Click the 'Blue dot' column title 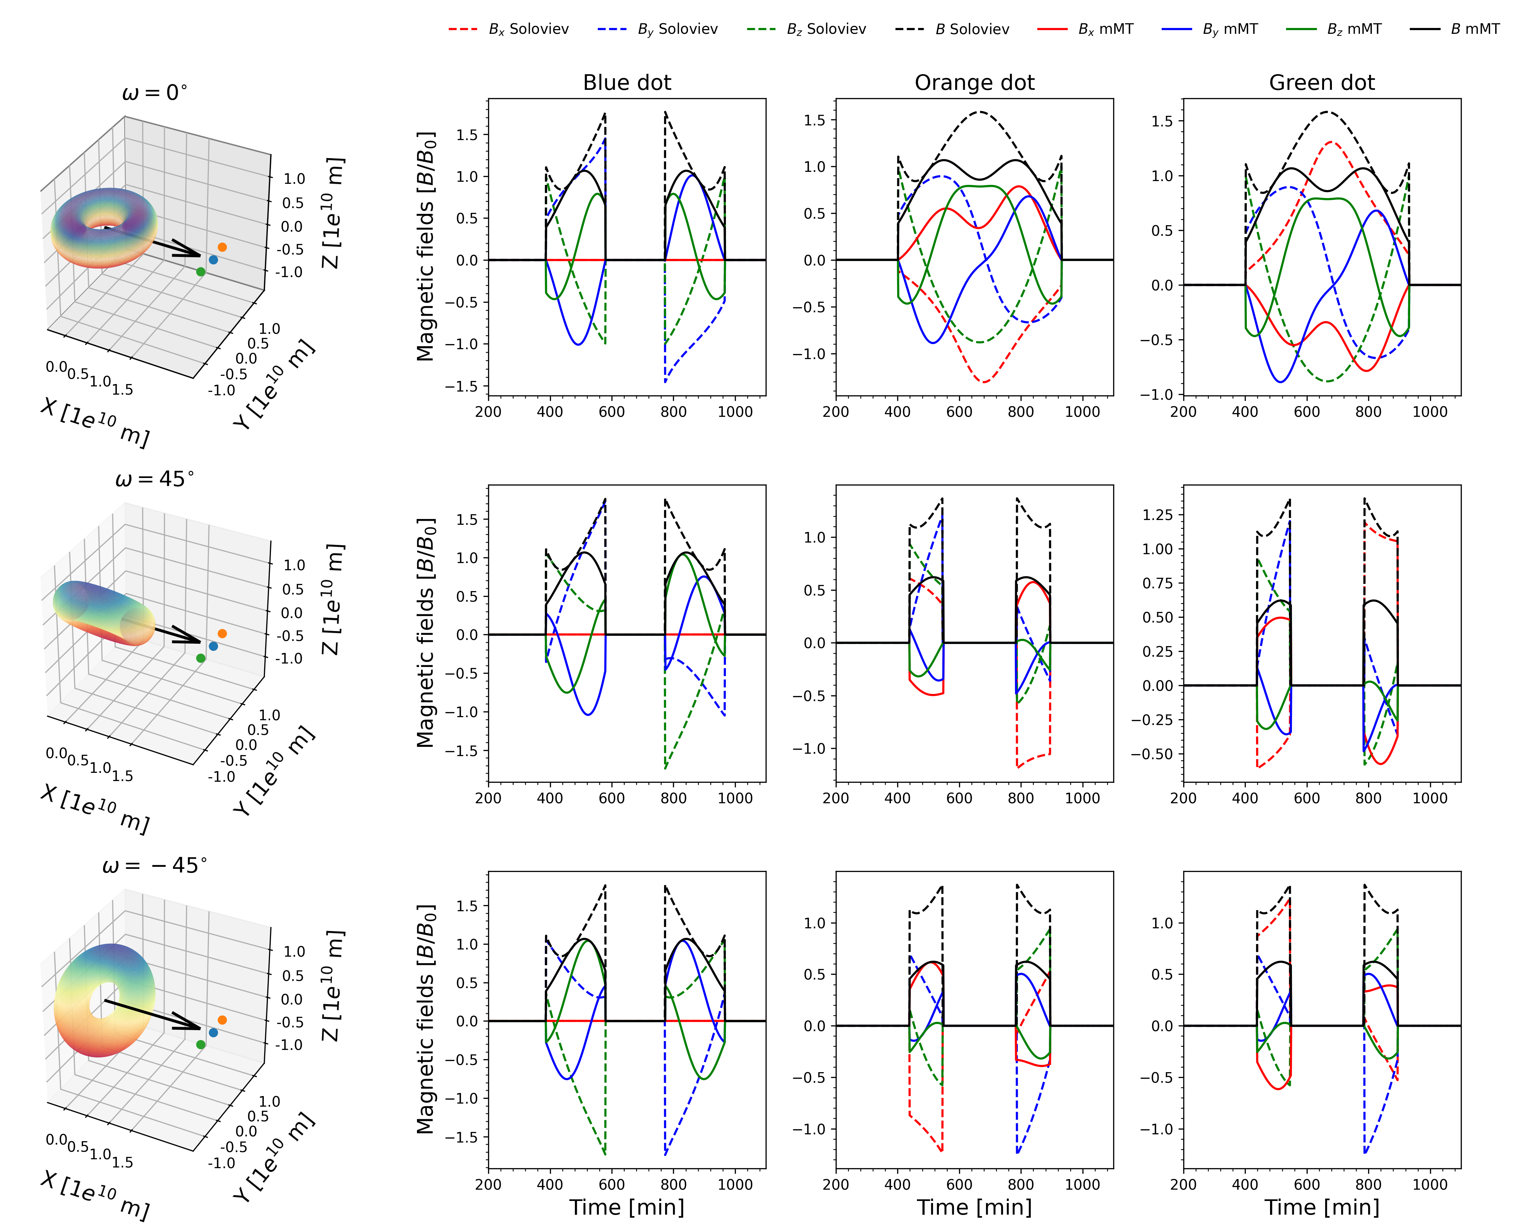click(627, 83)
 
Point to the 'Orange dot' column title click(974, 83)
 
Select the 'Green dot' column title click(1322, 83)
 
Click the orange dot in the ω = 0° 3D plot click(222, 247)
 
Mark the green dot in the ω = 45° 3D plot click(201, 658)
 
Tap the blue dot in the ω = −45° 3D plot click(213, 1033)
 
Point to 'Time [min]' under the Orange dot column click(974, 1206)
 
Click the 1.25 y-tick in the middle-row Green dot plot click(1157, 515)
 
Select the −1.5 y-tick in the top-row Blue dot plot click(462, 386)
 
